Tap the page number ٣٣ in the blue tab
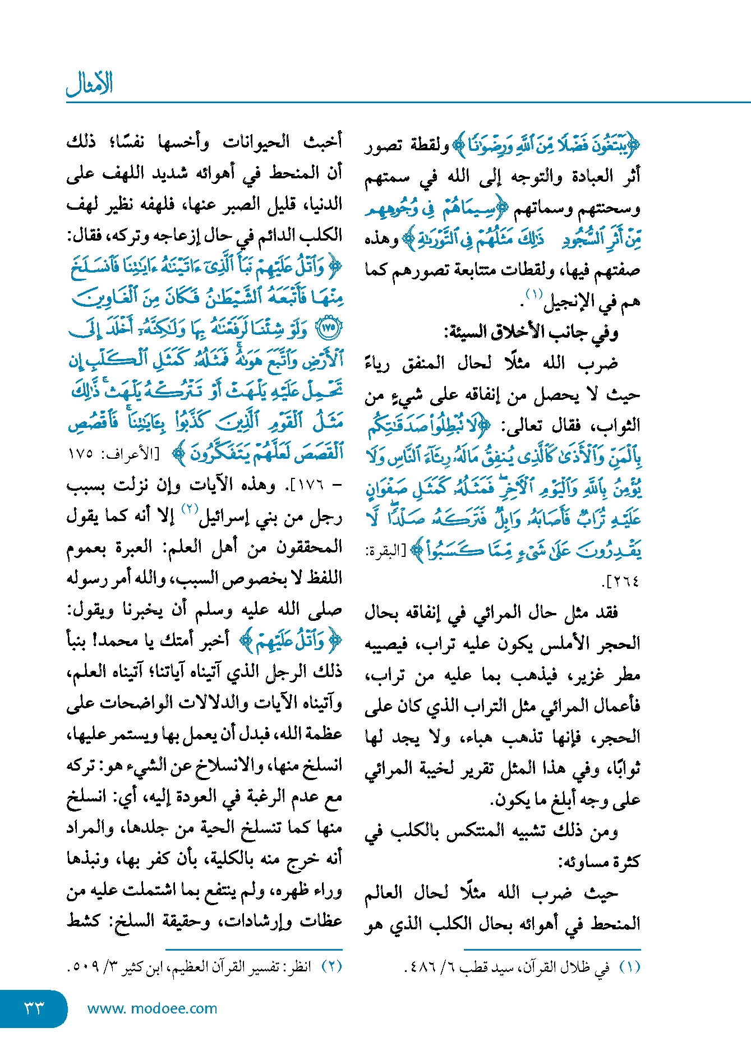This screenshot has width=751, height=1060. coord(34,1008)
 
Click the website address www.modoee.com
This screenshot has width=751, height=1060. coord(152,1008)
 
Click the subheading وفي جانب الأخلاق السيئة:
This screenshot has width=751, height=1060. coord(531,333)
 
